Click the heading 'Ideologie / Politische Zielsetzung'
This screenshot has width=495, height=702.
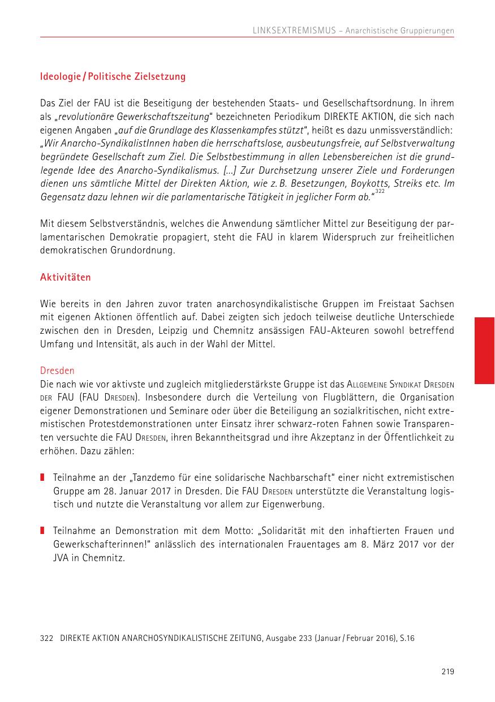pos(113,76)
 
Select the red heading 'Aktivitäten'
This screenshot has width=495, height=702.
pos(65,278)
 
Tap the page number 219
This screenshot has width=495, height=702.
pos(447,672)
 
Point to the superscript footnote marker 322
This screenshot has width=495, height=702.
pos(379,192)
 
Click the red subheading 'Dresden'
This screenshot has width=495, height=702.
pos(57,371)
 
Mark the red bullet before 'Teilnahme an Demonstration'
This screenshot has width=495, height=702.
pos(42,531)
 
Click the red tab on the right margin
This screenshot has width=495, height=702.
pos(484,351)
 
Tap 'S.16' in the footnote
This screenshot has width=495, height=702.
pos(406,638)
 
